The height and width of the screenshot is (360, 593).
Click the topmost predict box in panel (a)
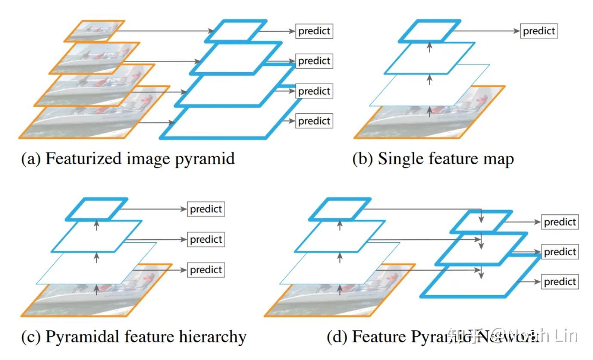click(x=314, y=31)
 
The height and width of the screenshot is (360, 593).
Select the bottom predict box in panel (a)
click(x=314, y=121)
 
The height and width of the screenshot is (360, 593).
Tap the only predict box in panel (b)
click(x=539, y=31)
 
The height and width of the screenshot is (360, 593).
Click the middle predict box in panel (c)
click(x=206, y=239)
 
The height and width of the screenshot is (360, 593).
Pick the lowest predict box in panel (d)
click(x=559, y=282)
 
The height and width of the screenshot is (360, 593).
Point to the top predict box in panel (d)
click(x=559, y=222)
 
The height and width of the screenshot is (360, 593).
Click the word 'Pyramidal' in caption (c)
click(x=81, y=337)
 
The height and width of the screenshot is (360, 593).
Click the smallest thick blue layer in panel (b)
click(x=430, y=31)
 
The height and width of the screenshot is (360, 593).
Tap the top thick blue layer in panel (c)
click(x=98, y=209)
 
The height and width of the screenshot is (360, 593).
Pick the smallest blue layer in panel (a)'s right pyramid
click(x=236, y=31)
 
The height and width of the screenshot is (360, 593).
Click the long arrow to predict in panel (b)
click(x=486, y=31)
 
